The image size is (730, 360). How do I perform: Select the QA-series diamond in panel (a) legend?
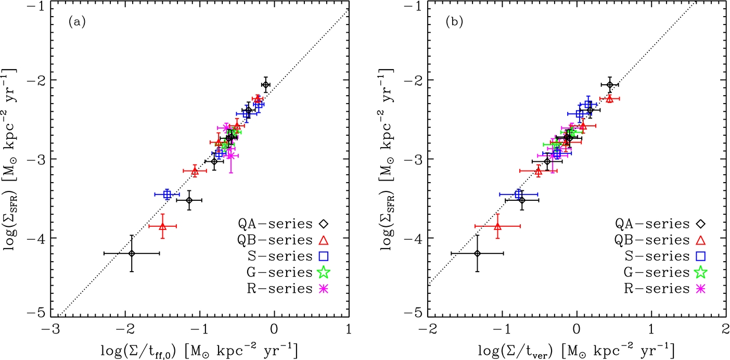coord(323,224)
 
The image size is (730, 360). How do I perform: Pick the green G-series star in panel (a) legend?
coord(323,271)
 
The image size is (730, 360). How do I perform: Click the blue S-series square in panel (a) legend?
coord(323,255)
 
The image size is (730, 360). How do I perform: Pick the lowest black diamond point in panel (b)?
coord(477,253)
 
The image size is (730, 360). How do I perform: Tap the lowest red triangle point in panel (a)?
coord(163,226)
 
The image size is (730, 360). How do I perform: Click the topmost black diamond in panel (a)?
coord(266,84)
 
